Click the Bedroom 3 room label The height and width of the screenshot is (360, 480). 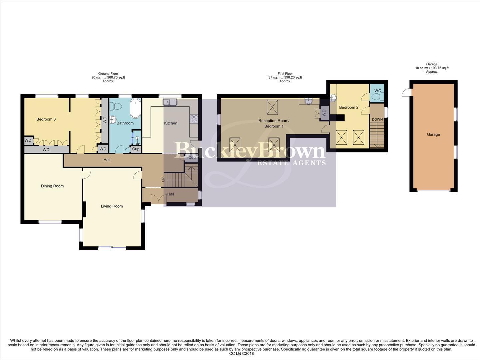click(x=46, y=119)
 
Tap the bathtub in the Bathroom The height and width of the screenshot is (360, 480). click(x=135, y=108)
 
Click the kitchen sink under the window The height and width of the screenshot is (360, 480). click(x=170, y=102)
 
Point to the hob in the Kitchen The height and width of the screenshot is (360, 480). click(x=194, y=119)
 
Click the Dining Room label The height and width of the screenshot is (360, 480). click(x=52, y=186)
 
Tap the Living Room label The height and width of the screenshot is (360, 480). click(x=112, y=206)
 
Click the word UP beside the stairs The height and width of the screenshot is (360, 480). click(x=163, y=180)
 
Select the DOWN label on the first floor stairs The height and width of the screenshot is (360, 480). click(x=377, y=120)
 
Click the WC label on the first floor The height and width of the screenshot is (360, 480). click(x=377, y=91)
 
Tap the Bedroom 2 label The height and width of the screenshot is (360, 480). click(x=349, y=107)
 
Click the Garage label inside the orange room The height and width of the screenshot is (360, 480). click(x=433, y=135)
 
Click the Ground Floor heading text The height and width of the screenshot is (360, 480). click(x=108, y=74)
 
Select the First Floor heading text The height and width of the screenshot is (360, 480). click(x=285, y=74)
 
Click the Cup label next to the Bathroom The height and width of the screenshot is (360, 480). click(x=136, y=149)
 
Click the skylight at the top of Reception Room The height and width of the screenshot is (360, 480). click(x=272, y=107)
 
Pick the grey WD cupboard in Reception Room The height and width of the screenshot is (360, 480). click(x=324, y=113)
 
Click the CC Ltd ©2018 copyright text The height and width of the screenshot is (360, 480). click(x=241, y=354)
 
